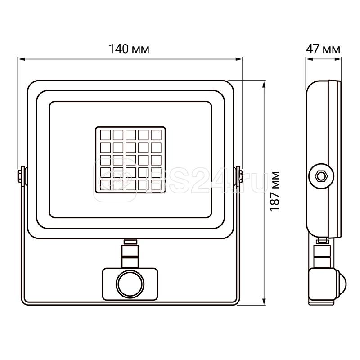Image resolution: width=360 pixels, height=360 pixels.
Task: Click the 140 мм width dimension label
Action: coord(130,49)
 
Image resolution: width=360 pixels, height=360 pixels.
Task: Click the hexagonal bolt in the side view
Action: coord(321,175)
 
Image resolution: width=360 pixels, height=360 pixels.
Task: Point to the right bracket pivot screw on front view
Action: coord(238,175)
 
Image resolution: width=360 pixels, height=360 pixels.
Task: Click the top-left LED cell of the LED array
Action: coord(105,135)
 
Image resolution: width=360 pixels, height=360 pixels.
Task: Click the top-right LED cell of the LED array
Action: coord(156,135)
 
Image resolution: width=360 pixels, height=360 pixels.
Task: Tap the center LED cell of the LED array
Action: coord(130,160)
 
